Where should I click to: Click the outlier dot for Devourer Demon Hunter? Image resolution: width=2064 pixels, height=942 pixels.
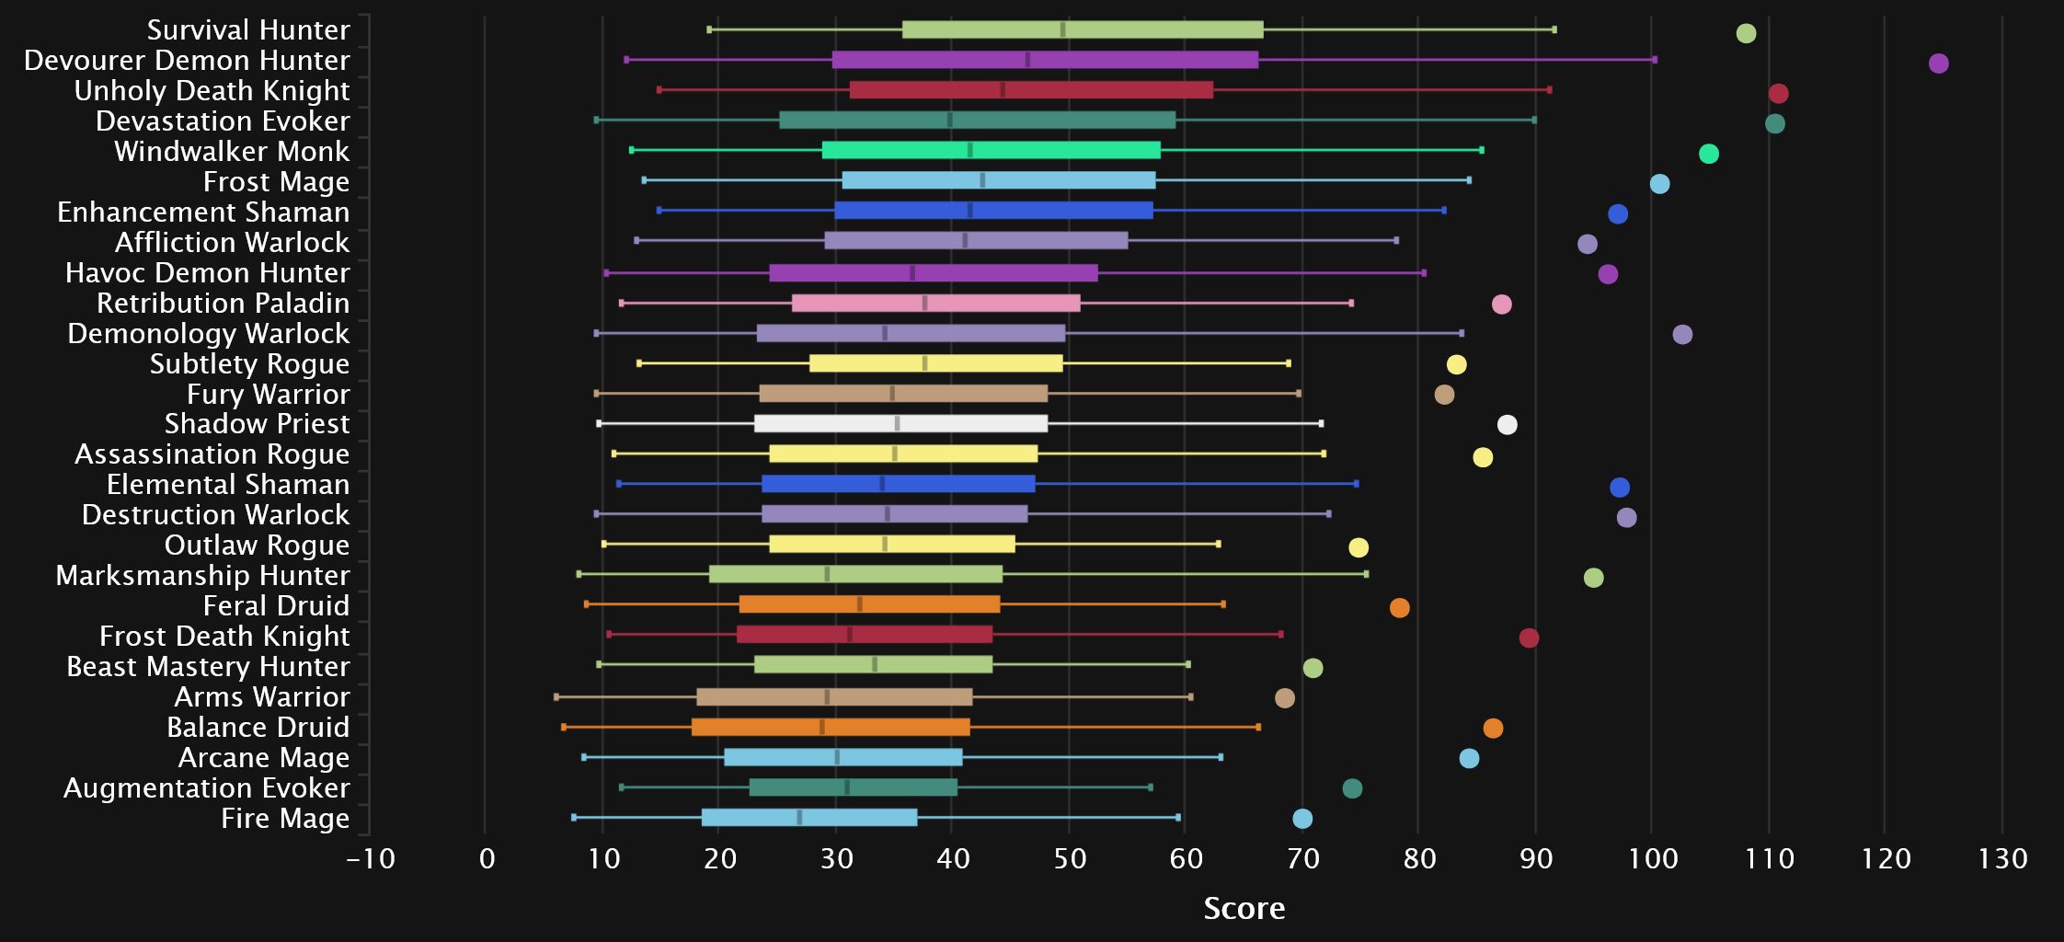[x=1938, y=63]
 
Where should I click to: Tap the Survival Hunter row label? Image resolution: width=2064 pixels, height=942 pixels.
[x=248, y=30]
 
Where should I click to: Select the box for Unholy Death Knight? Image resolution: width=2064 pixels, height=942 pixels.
[x=1031, y=90]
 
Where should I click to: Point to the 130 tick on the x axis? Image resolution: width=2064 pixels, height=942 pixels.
[x=2002, y=859]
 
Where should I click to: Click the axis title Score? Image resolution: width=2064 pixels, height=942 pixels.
[x=1244, y=909]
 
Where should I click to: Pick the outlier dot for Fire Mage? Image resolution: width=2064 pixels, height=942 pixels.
[x=1301, y=819]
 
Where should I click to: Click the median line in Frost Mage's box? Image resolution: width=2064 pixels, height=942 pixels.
[x=982, y=180]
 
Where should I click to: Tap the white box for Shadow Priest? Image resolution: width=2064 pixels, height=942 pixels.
[x=900, y=424]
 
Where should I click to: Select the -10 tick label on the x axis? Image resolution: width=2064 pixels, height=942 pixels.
[x=371, y=859]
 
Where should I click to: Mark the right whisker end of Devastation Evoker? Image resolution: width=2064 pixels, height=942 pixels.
[x=1533, y=121]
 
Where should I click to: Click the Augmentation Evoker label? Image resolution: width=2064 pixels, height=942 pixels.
[x=207, y=788]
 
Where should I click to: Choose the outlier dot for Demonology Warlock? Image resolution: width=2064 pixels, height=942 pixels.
[x=1682, y=335]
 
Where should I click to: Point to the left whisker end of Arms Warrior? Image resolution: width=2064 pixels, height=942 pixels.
[x=556, y=697]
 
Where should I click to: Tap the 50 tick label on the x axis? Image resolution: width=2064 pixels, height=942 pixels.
[x=1069, y=859]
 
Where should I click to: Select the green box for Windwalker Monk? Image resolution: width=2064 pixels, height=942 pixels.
[x=991, y=150]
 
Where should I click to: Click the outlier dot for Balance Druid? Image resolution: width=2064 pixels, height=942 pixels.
[x=1493, y=729]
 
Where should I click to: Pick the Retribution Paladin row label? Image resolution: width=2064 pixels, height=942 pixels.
[x=224, y=304]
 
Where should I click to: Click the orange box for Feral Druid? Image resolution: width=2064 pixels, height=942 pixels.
[x=869, y=604]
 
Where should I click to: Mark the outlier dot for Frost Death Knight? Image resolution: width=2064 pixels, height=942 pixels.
[x=1529, y=638]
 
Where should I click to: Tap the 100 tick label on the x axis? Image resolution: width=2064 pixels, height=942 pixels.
[x=1652, y=859]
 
